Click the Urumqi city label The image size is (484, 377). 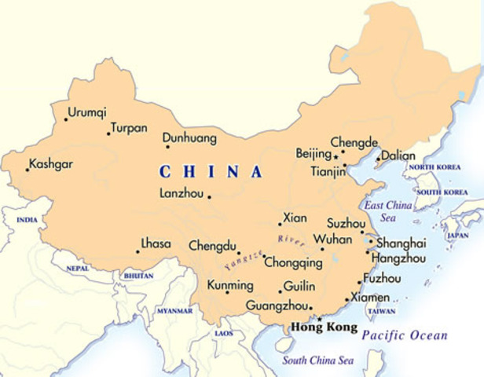[x=87, y=112]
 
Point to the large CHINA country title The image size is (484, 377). [x=211, y=172]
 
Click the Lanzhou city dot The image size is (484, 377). [x=209, y=196]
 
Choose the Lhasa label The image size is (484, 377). [x=156, y=243]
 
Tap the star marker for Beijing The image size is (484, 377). [x=335, y=156]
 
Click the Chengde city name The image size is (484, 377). [x=354, y=142]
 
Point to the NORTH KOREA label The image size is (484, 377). [x=433, y=168]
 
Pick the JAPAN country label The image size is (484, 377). [x=457, y=235]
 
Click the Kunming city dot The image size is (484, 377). [x=227, y=292]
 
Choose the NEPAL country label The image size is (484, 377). [x=78, y=268]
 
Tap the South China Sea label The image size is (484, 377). [x=318, y=361]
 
